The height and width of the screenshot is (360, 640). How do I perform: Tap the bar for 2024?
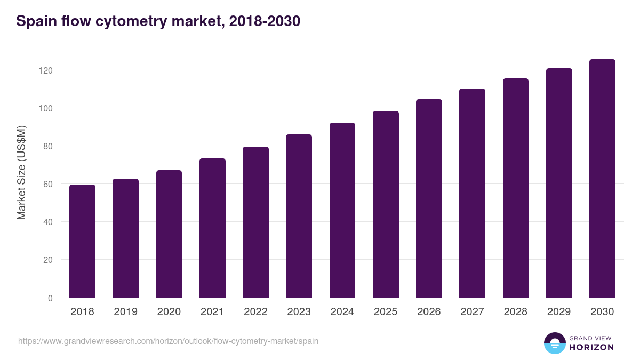click(342, 210)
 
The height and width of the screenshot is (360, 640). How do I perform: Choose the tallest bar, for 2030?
click(602, 179)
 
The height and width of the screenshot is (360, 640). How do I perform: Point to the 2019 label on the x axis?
click(125, 312)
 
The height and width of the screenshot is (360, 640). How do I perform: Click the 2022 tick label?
click(255, 312)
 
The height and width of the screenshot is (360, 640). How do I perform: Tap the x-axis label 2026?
click(429, 312)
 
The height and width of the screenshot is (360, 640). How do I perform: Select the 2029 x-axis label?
click(559, 312)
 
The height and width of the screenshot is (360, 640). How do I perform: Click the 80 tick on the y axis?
click(48, 146)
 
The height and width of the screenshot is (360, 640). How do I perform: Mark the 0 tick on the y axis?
click(50, 298)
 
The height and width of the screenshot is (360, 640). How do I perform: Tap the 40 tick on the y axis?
click(48, 222)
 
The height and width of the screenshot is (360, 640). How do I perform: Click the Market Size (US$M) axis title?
click(21, 172)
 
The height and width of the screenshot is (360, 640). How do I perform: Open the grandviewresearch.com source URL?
click(168, 341)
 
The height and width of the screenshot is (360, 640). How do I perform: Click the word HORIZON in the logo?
click(591, 347)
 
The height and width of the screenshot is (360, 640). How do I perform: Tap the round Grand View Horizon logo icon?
click(555, 343)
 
